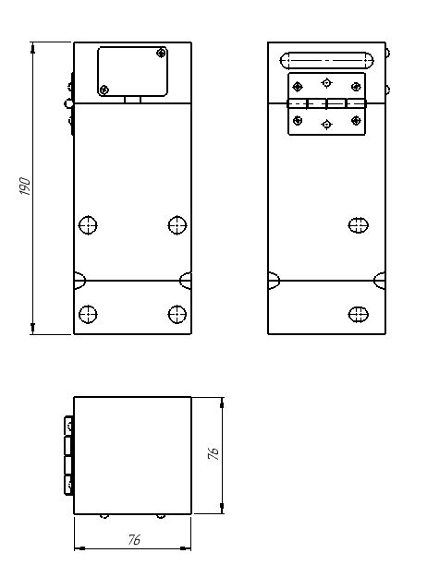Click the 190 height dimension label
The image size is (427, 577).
(25, 186)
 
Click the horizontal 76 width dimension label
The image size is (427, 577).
(134, 539)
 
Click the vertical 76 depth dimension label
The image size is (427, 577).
(213, 453)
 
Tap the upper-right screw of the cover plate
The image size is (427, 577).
(161, 53)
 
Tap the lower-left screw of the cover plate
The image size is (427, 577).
(104, 90)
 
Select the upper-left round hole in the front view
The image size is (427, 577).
(88, 225)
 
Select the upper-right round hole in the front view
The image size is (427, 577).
(177, 225)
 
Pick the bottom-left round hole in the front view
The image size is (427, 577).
(88, 314)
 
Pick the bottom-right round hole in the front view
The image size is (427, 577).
(177, 314)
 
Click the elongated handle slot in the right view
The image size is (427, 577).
(327, 61)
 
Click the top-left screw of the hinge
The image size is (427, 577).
(298, 87)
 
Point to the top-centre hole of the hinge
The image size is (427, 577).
(326, 83)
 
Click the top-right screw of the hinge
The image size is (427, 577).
(356, 87)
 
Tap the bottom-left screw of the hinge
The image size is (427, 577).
(298, 120)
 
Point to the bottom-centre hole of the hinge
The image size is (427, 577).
(326, 125)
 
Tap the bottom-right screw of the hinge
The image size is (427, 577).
(356, 120)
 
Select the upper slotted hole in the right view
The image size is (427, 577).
(358, 225)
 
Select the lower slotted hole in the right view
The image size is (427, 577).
(358, 314)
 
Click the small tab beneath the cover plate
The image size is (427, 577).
(133, 100)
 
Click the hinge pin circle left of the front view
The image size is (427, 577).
(68, 103)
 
